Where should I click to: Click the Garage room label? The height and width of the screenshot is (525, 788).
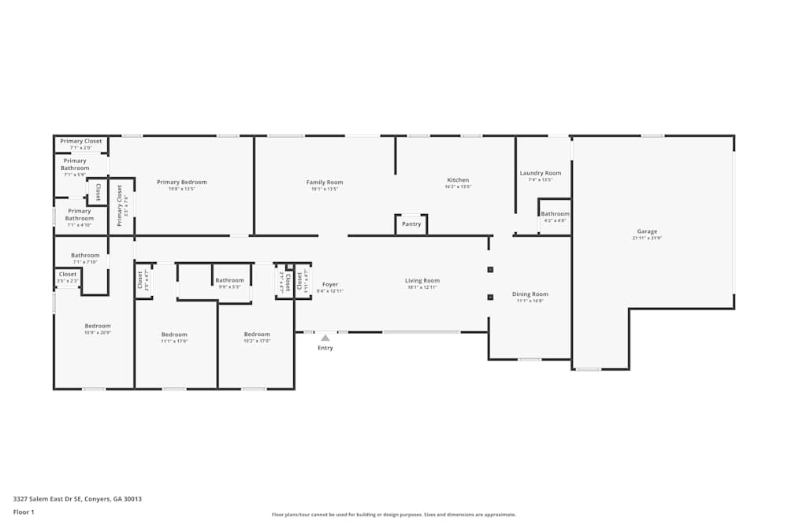coord(647,231)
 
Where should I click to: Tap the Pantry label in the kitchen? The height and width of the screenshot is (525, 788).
coord(411,224)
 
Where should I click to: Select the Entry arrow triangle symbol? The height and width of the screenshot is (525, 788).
coord(325,338)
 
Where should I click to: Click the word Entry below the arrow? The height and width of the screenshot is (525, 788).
coord(325,348)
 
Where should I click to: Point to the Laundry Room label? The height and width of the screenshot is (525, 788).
coord(541,173)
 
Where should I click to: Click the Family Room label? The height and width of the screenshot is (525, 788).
coord(325,183)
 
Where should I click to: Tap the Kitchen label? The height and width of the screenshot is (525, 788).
coord(458,180)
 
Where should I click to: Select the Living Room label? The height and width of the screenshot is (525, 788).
coord(422,281)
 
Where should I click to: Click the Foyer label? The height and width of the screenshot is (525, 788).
coord(330,284)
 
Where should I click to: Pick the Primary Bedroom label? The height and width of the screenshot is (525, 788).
coord(181,183)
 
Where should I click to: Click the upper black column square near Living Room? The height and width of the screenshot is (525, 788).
coord(490,269)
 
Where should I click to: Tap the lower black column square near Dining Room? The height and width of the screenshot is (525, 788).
coord(490,297)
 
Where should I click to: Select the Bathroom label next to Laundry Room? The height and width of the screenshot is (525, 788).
coord(555,214)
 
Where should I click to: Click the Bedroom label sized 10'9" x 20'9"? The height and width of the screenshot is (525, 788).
coord(98,326)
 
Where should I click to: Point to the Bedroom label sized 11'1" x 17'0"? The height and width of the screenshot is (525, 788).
coord(174,335)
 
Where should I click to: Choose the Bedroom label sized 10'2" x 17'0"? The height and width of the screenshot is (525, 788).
coord(257,335)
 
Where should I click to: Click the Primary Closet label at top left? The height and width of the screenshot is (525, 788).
coord(81,142)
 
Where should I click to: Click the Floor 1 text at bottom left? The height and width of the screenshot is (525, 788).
coord(24,512)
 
